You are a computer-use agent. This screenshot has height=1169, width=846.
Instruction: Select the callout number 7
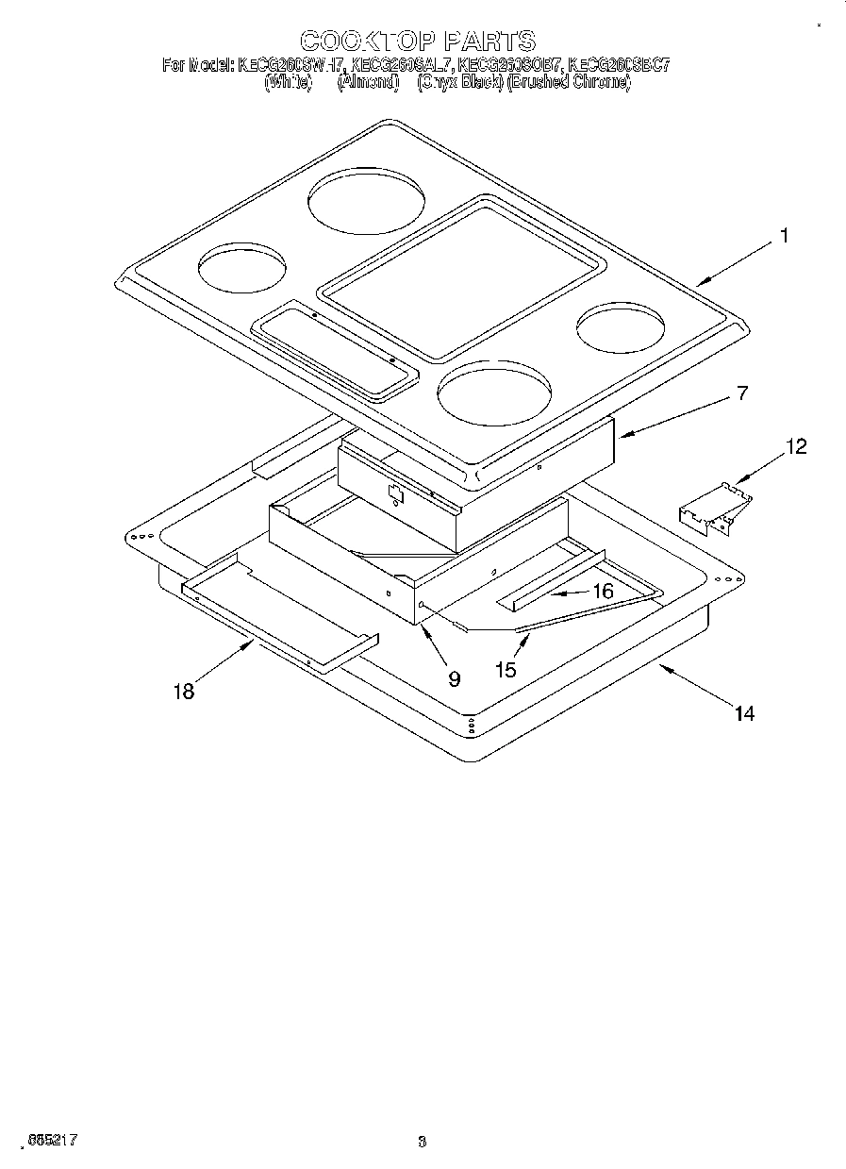pos(742,393)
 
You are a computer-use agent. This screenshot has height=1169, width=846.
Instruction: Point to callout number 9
pos(455,677)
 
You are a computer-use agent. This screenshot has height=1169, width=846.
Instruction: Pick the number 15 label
pos(506,669)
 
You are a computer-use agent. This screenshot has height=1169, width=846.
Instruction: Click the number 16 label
pos(603,592)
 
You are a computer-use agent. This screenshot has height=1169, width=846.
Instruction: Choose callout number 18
pos(183,693)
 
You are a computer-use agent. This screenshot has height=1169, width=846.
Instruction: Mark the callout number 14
pos(744,713)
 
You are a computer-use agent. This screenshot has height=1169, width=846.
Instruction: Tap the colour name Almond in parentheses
pos(367,82)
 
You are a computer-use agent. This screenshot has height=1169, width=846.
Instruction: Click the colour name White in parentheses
pos(288,82)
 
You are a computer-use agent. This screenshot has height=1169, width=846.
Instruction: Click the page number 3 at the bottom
pos(423,1142)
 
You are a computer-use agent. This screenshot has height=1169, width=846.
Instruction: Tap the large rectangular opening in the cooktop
pos(459,279)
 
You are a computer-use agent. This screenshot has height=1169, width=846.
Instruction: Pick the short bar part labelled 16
pos(547,591)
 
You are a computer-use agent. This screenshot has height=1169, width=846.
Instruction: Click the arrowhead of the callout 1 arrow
pos(700,281)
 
